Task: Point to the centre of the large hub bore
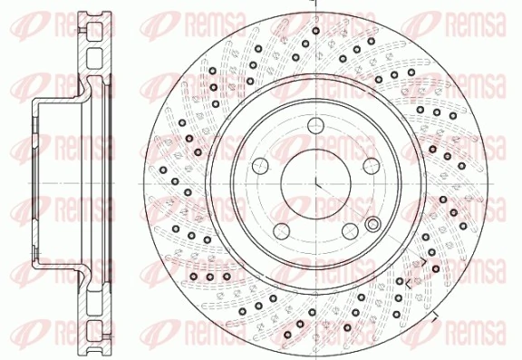(314, 181)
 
